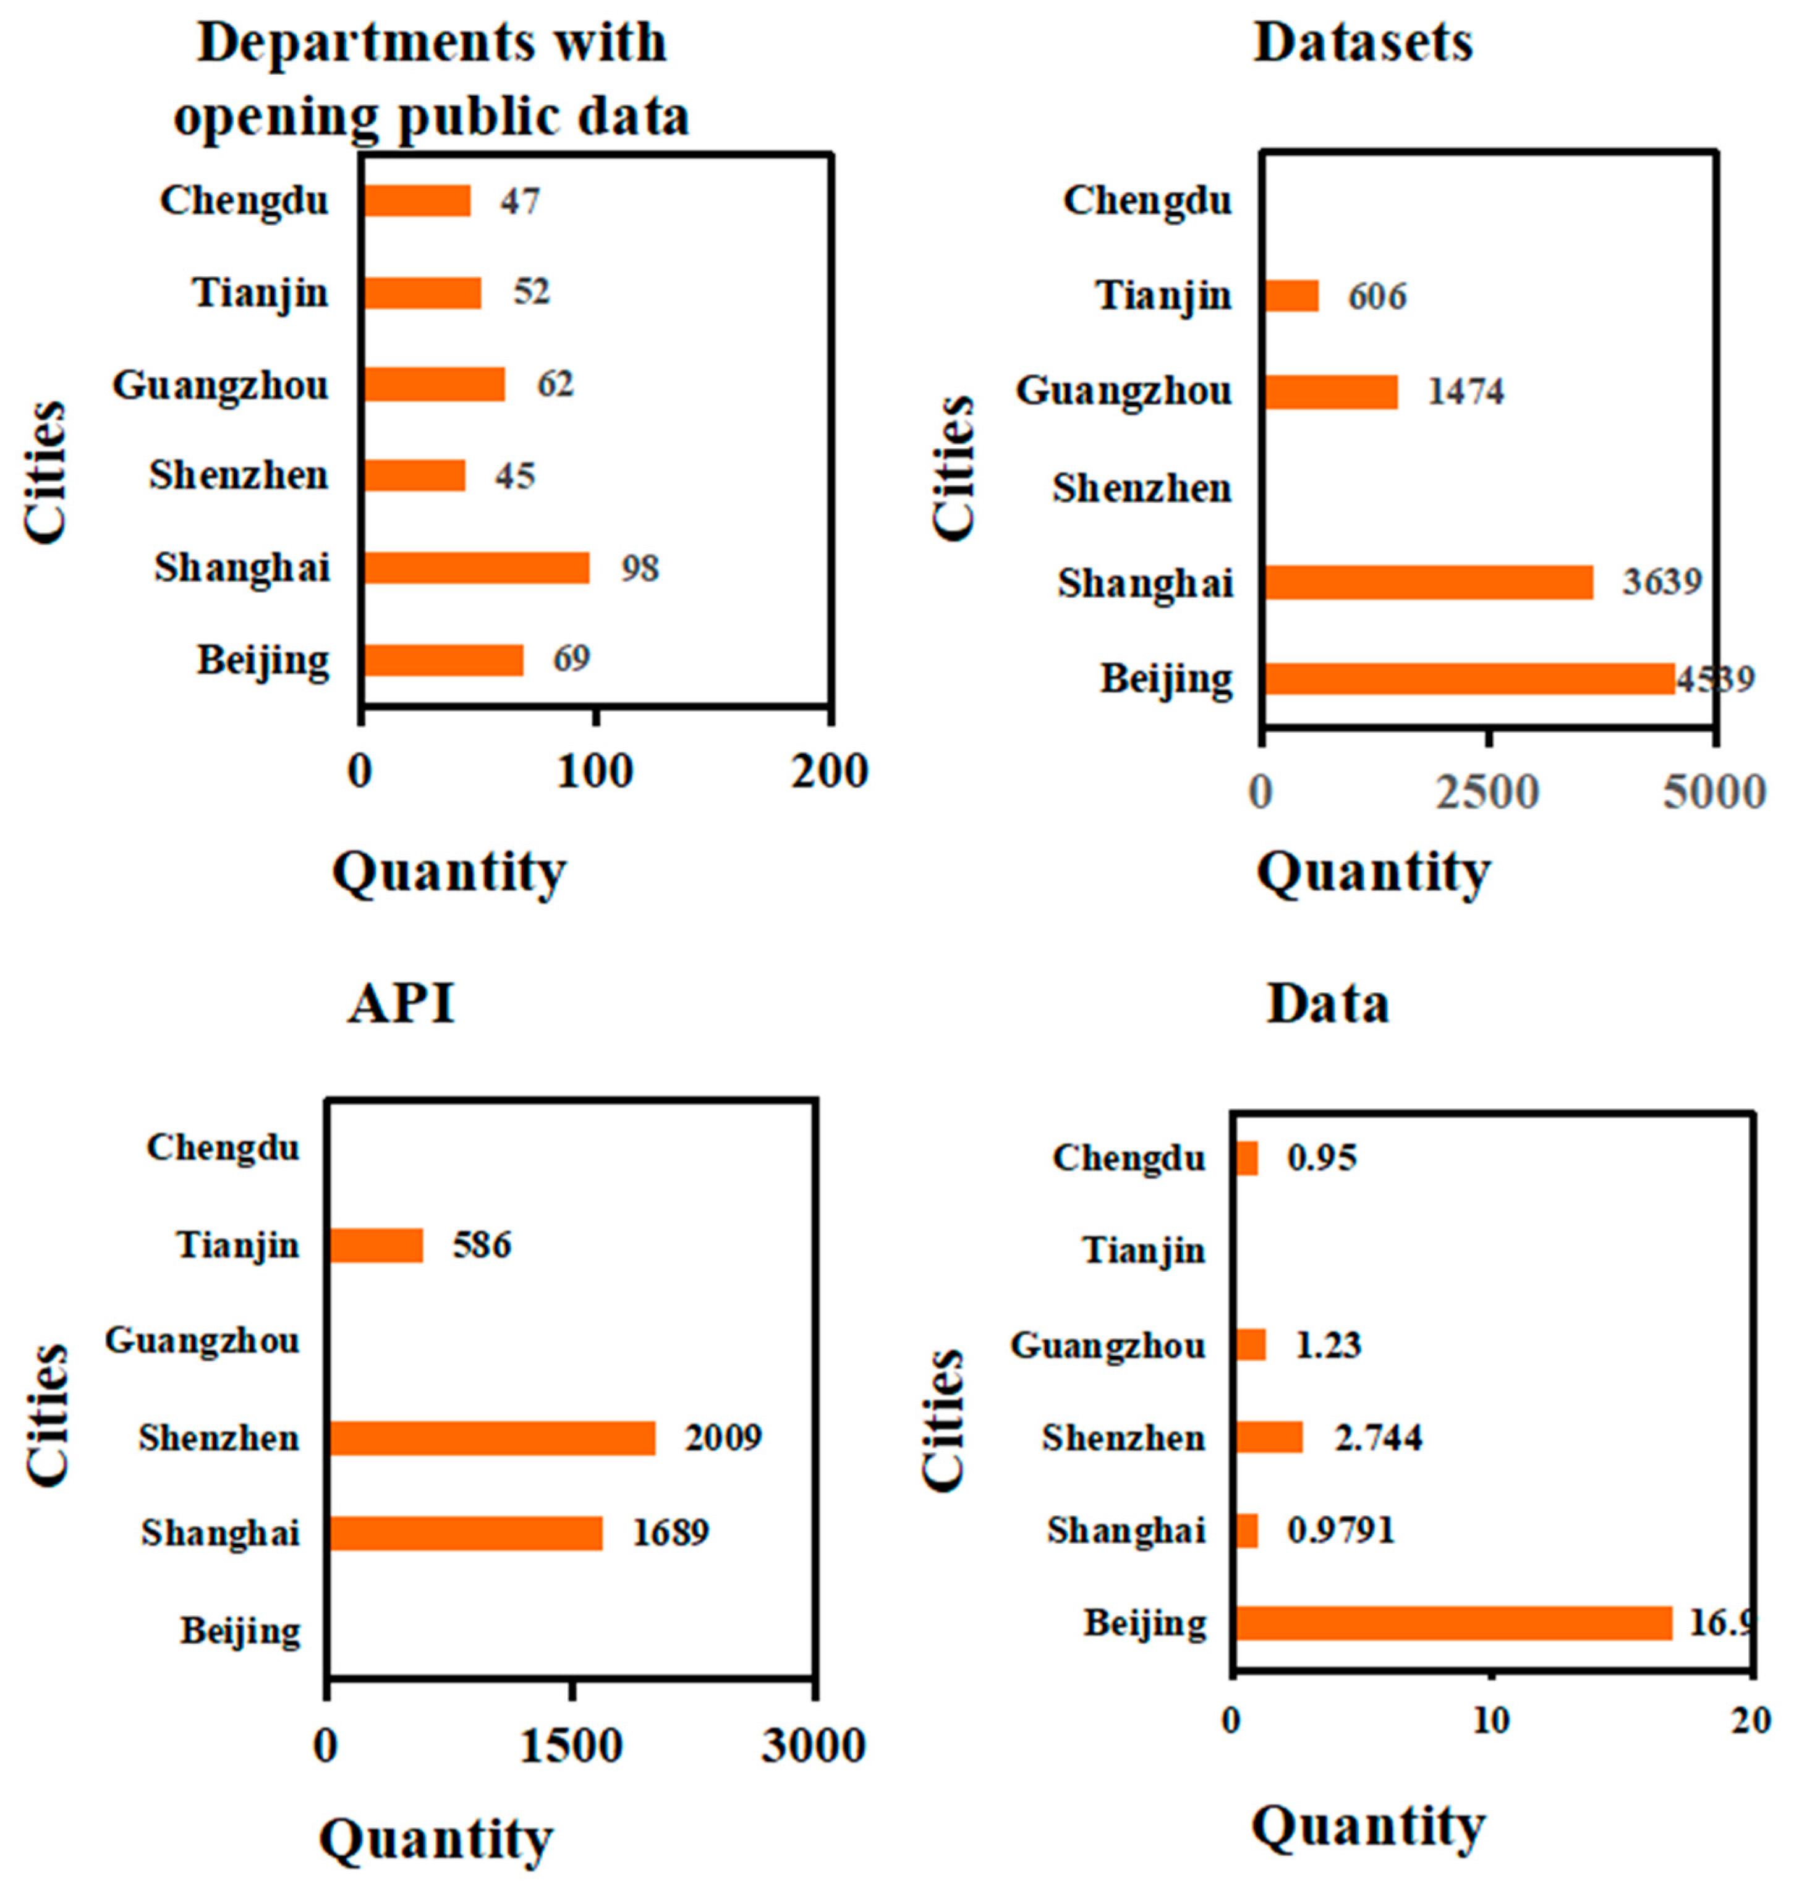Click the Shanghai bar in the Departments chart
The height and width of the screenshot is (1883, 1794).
coord(476,568)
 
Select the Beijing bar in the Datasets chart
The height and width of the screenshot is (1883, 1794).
coord(1470,678)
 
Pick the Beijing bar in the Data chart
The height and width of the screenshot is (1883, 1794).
coord(1453,1623)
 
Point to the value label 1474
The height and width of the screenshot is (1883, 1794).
coord(1465,391)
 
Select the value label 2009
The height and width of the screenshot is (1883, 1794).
coord(723,1437)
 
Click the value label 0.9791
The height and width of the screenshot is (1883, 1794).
coord(1341,1530)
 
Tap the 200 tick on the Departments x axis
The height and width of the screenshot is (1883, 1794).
coord(829,771)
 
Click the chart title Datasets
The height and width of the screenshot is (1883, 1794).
coord(1363,43)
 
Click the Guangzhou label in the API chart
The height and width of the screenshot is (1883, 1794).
coord(203,1341)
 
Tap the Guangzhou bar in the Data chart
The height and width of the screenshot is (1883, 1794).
coord(1250,1345)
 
